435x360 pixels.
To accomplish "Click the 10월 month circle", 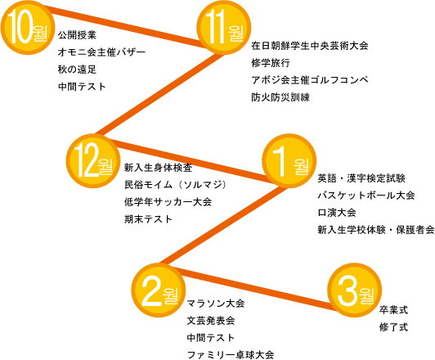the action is tap(27, 28).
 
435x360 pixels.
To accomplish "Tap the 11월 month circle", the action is tap(224, 28).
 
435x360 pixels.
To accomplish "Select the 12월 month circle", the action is tap(93, 161).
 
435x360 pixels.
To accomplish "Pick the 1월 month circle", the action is tap(289, 161).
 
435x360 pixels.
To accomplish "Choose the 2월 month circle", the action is tap(159, 290).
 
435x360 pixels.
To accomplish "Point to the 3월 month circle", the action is tap(355, 290).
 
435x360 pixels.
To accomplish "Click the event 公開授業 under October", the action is tap(77, 35).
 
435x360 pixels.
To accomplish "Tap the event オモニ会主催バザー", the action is tap(101, 52).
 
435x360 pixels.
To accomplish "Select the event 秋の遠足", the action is tap(77, 70).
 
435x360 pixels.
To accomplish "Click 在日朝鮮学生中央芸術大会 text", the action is tap(310, 46).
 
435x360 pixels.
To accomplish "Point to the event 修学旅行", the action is tap(271, 63).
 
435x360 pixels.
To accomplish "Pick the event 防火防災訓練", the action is tap(280, 97).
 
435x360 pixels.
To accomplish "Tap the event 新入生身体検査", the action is tap(158, 168).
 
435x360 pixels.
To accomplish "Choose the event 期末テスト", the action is tap(149, 219).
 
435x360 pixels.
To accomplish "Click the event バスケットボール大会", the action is tap(366, 196).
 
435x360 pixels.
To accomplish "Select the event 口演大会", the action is tap(337, 213).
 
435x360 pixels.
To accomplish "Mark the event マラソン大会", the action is tap(216, 304).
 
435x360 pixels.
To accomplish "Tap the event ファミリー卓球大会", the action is tap(231, 355).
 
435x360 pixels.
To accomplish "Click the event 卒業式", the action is tap(393, 310).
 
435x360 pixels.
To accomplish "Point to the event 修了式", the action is tap(393, 327).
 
